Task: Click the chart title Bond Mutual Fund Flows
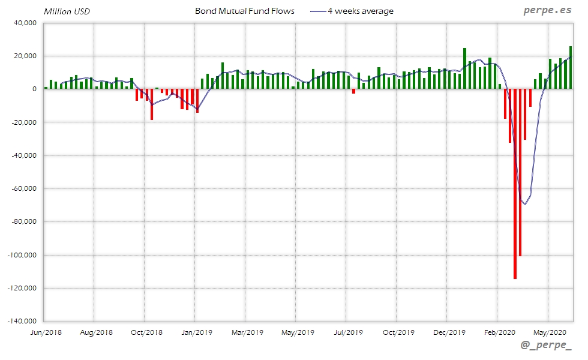point(244,11)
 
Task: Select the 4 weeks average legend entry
point(360,11)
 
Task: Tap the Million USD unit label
point(67,11)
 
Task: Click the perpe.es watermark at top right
point(547,11)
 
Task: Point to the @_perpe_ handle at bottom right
point(546,344)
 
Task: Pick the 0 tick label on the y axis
point(34,89)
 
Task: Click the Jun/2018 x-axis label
point(45,332)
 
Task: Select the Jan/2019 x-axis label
point(196,332)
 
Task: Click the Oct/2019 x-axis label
point(398,332)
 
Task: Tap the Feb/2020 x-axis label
point(498,332)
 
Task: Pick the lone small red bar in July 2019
point(354,91)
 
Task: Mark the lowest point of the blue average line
point(525,205)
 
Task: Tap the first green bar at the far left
point(46,88)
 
